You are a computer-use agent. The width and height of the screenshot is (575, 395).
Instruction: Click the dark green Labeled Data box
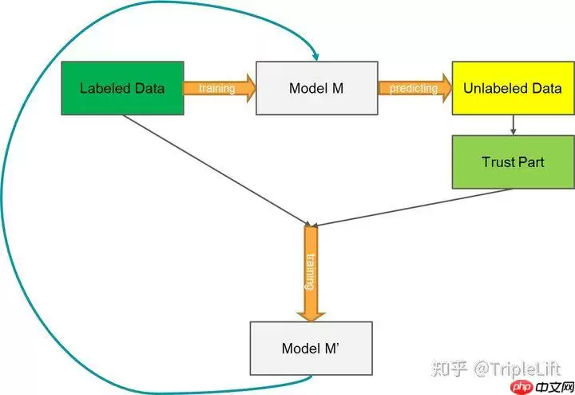click(x=122, y=88)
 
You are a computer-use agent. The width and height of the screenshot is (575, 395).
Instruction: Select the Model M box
click(x=316, y=88)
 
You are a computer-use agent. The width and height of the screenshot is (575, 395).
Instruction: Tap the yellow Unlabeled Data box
click(x=511, y=88)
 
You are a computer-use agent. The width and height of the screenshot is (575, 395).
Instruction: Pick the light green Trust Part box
click(x=512, y=162)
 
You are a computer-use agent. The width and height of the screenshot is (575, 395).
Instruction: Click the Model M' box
click(x=311, y=349)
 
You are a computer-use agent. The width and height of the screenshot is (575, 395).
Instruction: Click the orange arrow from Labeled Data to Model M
click(x=218, y=88)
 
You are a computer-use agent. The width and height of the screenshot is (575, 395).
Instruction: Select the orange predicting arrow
click(x=414, y=88)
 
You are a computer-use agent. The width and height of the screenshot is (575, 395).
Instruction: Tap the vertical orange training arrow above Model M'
click(x=311, y=272)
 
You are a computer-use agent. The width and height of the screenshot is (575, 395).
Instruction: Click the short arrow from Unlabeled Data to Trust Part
click(x=512, y=125)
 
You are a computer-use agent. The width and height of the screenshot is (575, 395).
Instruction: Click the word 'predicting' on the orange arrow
click(x=413, y=88)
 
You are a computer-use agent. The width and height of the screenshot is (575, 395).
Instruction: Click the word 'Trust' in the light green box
click(x=496, y=162)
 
